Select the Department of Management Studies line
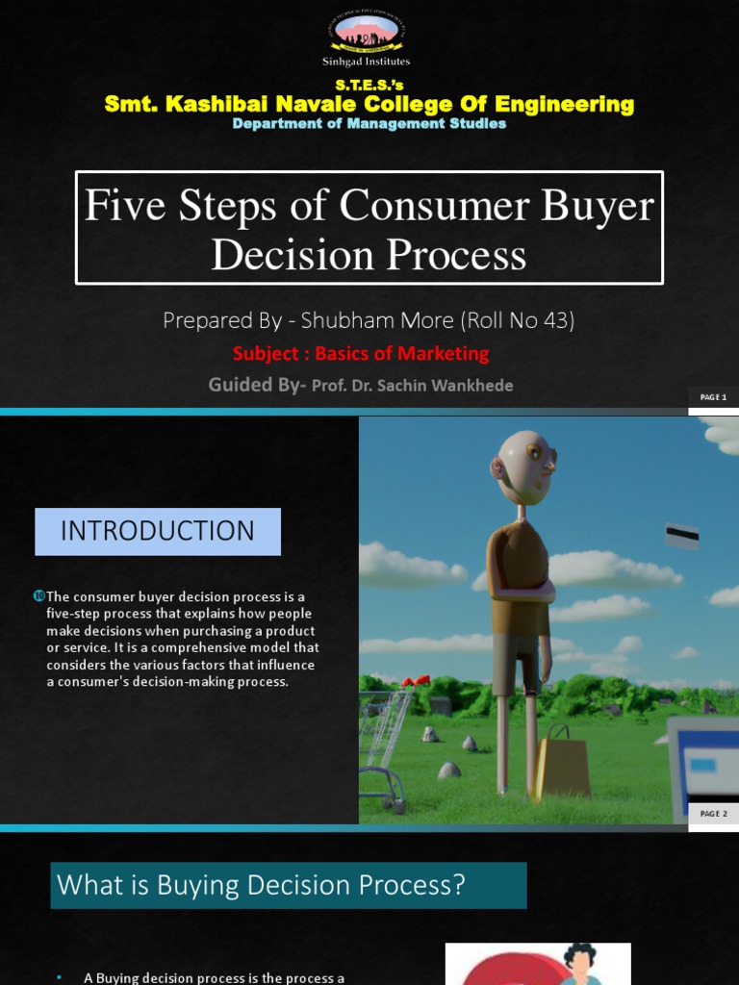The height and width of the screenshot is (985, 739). pos(369,124)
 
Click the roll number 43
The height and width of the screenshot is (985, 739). pos(556,320)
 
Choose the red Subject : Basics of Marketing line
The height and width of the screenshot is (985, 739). pos(361,353)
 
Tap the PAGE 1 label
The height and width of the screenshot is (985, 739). pos(713,397)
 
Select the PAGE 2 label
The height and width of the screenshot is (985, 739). pos(713,814)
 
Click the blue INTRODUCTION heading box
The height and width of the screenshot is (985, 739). pos(158,531)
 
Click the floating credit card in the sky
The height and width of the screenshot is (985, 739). pos(682,536)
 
